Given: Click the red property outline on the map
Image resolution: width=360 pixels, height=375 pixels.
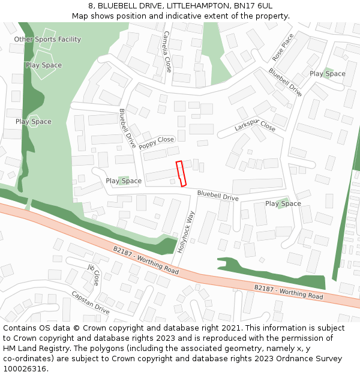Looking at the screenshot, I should point(181,173).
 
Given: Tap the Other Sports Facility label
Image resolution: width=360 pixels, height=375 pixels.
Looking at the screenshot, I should point(47,40).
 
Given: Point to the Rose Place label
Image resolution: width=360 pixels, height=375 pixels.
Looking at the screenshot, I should point(283,47).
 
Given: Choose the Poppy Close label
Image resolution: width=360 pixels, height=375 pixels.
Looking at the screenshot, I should point(156,143).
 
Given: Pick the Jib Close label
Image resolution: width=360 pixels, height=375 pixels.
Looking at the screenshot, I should point(94,274).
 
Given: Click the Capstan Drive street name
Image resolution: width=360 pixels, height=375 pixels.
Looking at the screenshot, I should point(90,302).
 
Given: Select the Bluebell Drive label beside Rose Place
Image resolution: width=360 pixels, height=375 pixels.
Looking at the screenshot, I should point(285,82).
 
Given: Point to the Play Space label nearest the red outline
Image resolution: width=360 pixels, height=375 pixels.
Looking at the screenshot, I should point(124,181).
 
